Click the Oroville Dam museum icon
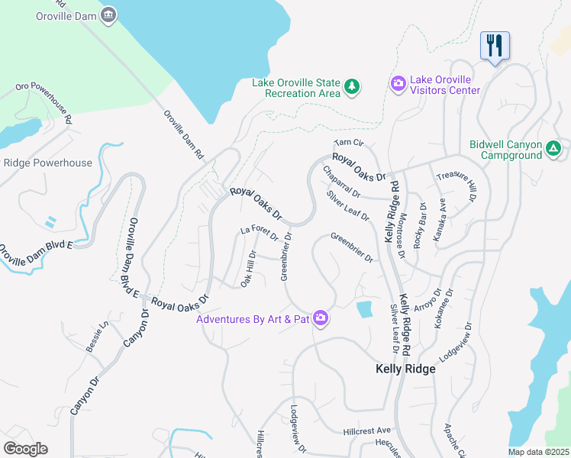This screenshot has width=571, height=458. [109, 15]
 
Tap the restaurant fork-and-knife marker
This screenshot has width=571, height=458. [495, 46]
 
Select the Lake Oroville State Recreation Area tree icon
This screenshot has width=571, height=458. [352, 86]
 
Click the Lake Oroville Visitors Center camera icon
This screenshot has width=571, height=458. [398, 82]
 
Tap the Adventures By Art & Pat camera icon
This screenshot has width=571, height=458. [321, 318]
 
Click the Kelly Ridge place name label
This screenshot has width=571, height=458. [405, 369]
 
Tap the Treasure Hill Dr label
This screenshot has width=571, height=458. [456, 185]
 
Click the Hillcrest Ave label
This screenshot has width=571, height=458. [366, 431]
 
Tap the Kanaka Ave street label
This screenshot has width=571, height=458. [440, 221]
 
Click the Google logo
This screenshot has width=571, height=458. [25, 448]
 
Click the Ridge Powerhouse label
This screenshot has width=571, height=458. [47, 163]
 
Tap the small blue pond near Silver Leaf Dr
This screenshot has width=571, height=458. [365, 309]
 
